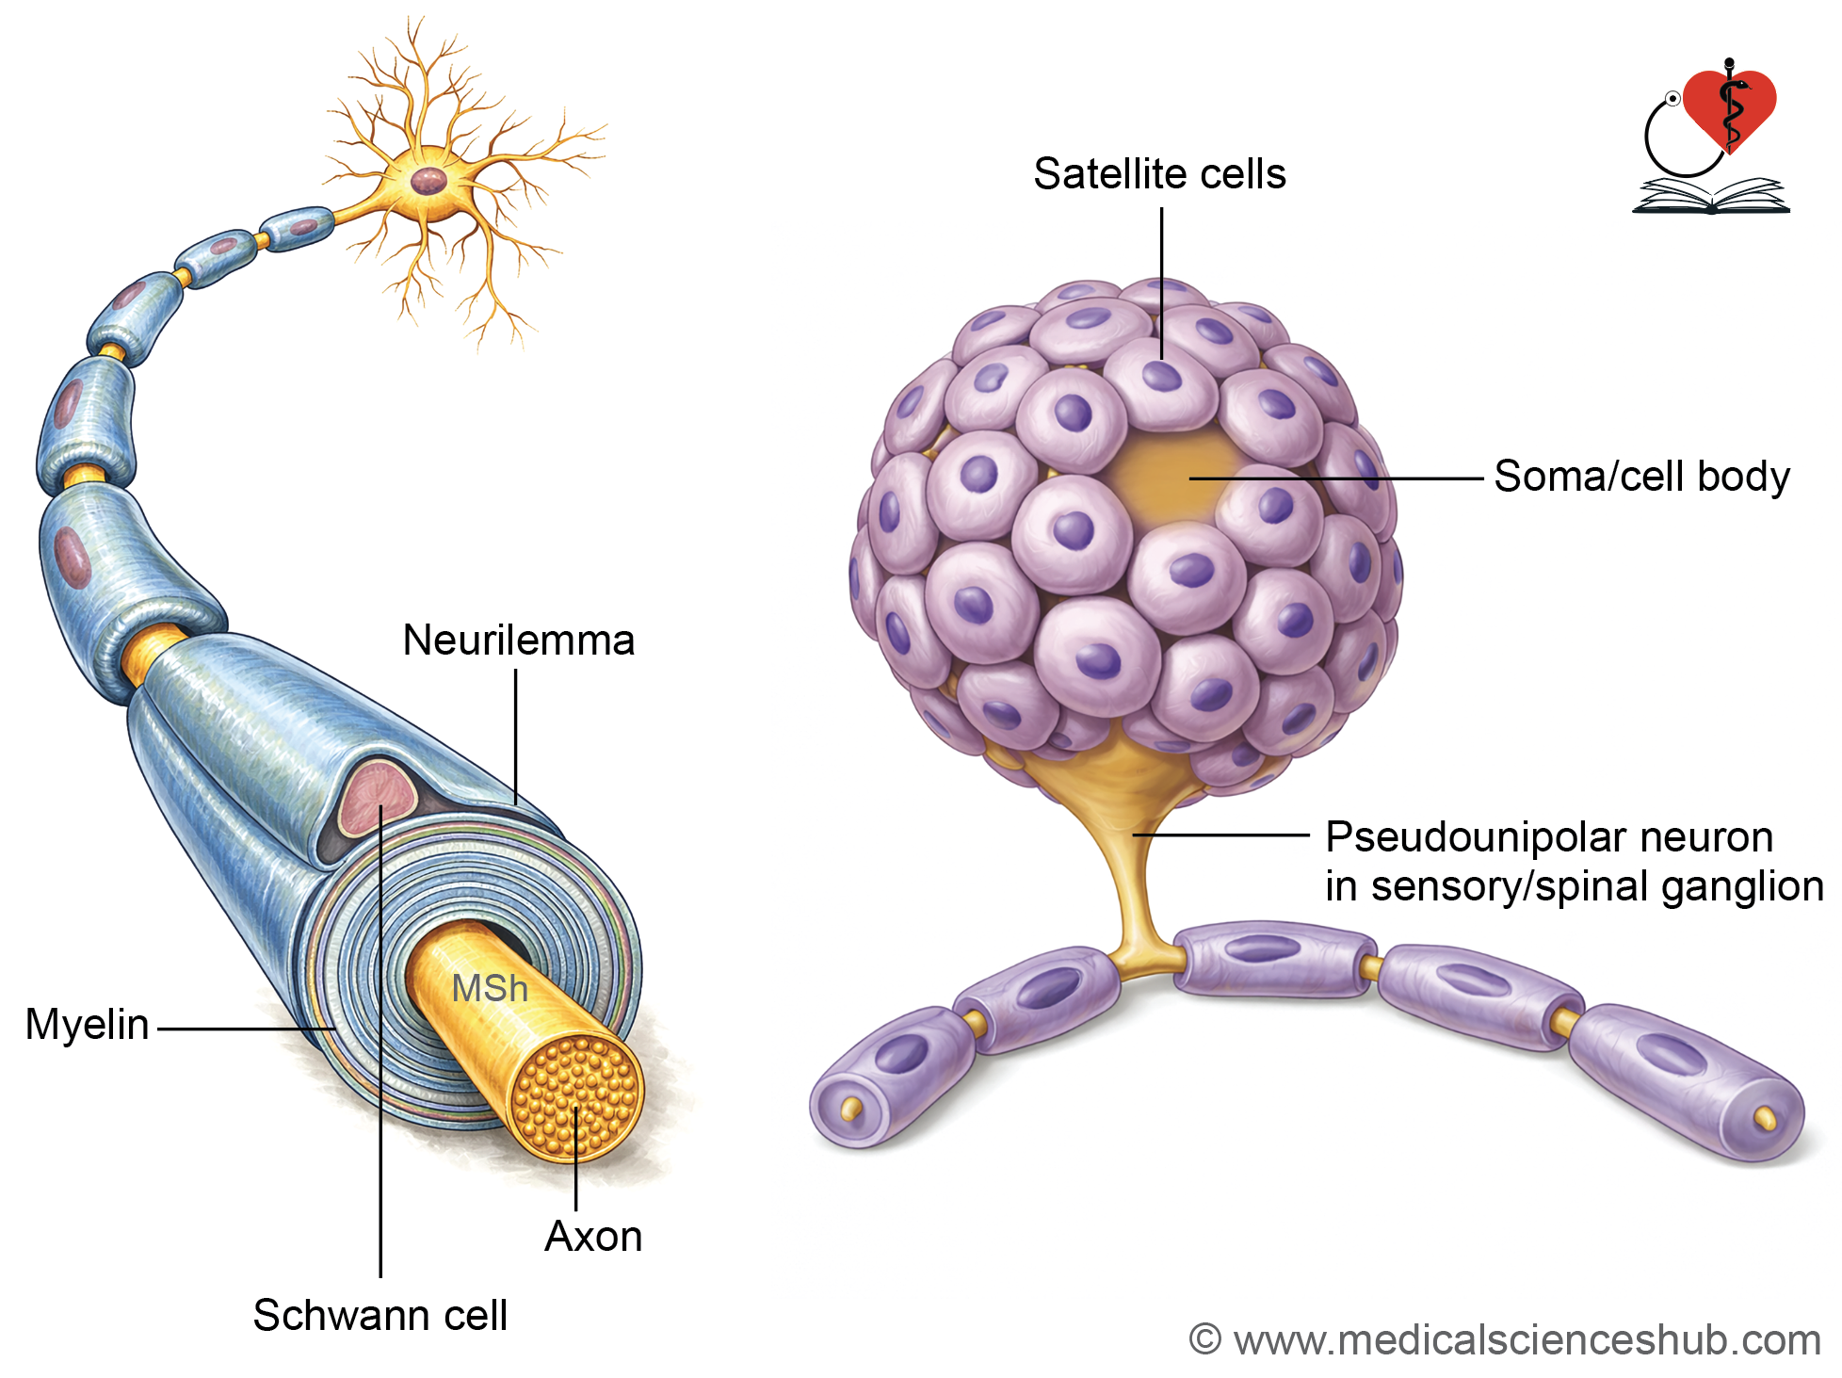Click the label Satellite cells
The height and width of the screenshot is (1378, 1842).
(1159, 174)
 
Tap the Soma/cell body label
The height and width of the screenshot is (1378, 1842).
(1641, 477)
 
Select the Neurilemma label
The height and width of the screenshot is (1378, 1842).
(519, 640)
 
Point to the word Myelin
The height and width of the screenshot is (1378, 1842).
(87, 1025)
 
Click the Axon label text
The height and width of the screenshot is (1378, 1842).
(593, 1237)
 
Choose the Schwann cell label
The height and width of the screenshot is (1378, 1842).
(380, 1315)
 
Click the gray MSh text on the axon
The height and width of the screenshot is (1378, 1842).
(490, 988)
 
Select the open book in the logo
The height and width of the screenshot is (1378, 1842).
(1710, 196)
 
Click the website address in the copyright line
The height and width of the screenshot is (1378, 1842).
(1527, 1340)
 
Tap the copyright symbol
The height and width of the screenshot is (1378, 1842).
(1204, 1339)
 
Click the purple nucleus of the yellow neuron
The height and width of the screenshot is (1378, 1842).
(429, 181)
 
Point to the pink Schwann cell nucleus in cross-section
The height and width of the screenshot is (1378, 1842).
(377, 799)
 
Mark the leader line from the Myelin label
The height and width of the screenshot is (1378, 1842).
(247, 1029)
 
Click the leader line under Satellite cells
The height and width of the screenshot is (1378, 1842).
(1161, 284)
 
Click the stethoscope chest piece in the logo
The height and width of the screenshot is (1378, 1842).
(1672, 98)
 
